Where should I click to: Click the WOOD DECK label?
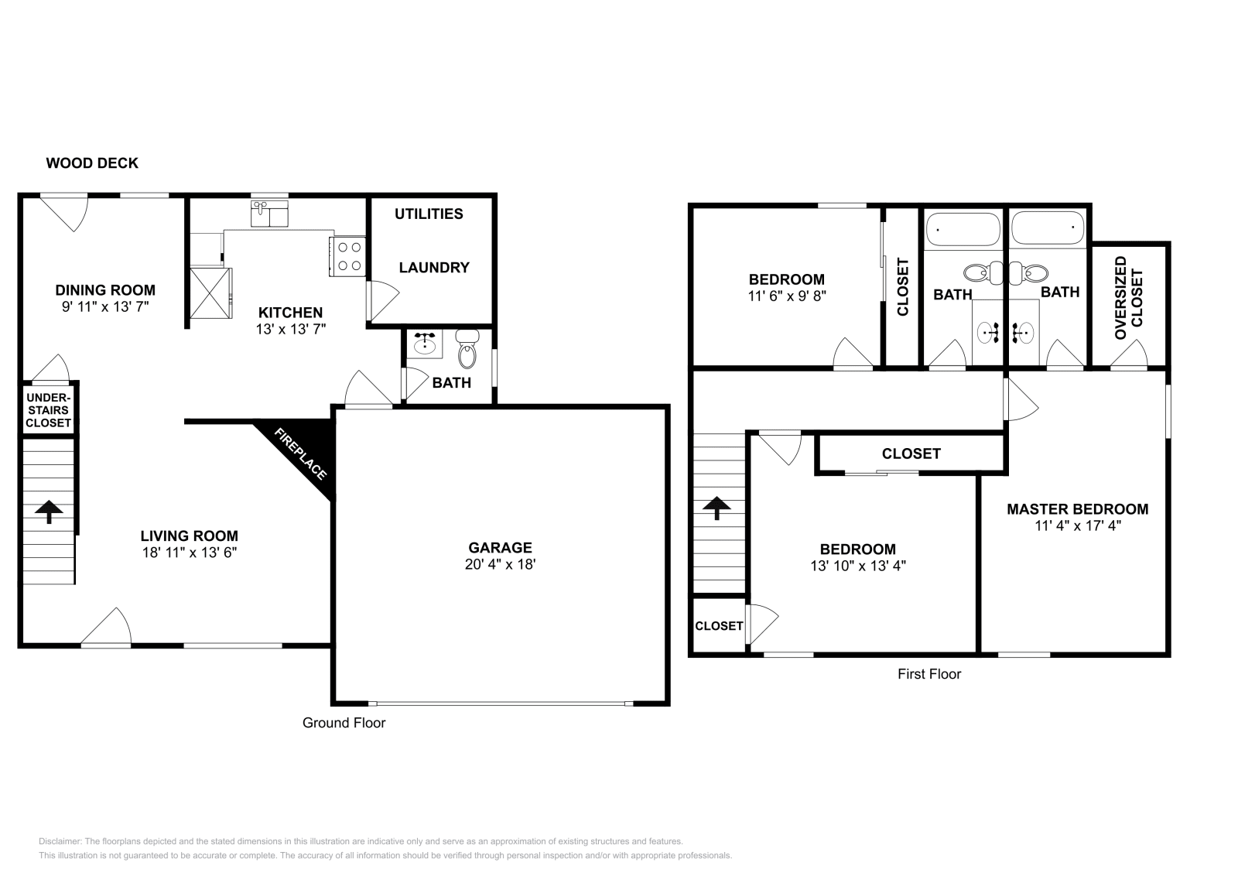pyautogui.click(x=92, y=163)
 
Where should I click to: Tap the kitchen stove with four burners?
pyautogui.click(x=349, y=256)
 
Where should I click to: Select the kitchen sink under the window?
pyautogui.click(x=268, y=213)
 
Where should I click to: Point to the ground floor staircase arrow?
pyautogui.click(x=49, y=511)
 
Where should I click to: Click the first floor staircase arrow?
pyautogui.click(x=716, y=508)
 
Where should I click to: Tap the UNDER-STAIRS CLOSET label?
pyautogui.click(x=48, y=410)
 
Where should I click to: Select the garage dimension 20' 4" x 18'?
pyautogui.click(x=500, y=565)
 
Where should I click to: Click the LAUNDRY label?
pyautogui.click(x=434, y=268)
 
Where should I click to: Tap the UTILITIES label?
pyautogui.click(x=429, y=214)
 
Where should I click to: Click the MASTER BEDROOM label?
pyautogui.click(x=1077, y=509)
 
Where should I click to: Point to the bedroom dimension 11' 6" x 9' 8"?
pyautogui.click(x=786, y=296)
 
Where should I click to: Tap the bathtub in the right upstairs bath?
pyautogui.click(x=1047, y=228)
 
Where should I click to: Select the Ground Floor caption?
pyautogui.click(x=344, y=723)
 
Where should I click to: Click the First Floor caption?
pyautogui.click(x=929, y=674)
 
